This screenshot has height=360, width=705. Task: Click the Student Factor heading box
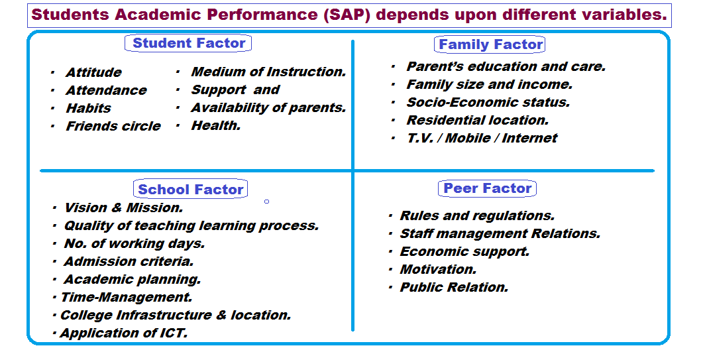(x=189, y=44)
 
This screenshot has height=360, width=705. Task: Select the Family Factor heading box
(x=491, y=44)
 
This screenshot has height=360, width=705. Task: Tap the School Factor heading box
(x=190, y=190)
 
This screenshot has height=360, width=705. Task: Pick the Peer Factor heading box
(x=488, y=188)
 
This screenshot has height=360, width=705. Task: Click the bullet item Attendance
(x=106, y=90)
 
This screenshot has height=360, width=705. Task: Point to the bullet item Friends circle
(x=113, y=126)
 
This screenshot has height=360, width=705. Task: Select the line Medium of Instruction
(x=268, y=72)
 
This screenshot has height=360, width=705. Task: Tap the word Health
(x=215, y=125)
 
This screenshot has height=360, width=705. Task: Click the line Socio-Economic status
(x=488, y=102)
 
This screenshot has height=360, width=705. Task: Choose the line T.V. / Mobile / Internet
(x=482, y=138)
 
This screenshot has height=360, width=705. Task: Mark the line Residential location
(x=477, y=120)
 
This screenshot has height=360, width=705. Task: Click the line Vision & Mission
(x=123, y=208)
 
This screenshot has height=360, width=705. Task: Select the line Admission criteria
(x=129, y=261)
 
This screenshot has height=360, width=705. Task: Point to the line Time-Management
(x=126, y=297)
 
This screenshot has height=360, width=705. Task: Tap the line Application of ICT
(x=123, y=333)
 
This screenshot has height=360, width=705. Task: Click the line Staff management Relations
(x=500, y=233)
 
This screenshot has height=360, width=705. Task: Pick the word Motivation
(x=438, y=269)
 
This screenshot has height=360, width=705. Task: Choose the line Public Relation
(x=454, y=287)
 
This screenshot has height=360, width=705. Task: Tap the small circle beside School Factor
(x=266, y=201)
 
